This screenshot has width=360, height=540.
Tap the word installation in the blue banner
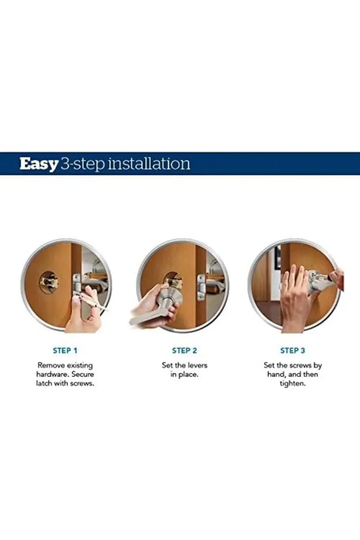[149, 163]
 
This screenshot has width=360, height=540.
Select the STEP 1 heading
[65, 351]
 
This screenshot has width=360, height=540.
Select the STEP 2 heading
[184, 351]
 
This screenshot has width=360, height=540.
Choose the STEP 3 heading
[292, 351]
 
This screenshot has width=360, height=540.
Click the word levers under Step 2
[197, 365]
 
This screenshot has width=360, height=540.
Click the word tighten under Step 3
[292, 383]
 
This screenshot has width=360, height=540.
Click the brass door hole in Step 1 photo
[49, 283]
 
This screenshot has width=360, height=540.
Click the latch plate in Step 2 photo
[201, 287]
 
